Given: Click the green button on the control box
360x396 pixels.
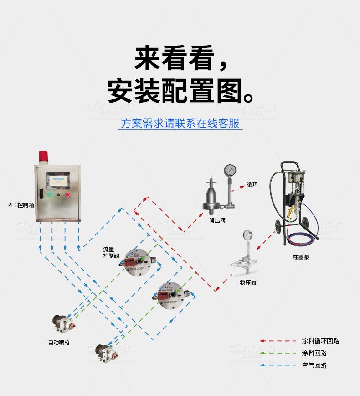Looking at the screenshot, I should [x=49, y=195].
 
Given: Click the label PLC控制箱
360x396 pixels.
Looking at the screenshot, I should [x=21, y=205].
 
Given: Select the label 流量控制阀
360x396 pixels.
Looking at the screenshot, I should [x=111, y=253].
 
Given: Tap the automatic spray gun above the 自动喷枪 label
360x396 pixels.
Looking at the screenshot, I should [x=63, y=324].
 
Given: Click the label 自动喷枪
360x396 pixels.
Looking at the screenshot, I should [x=59, y=342].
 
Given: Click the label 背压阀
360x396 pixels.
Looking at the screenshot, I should [x=217, y=220].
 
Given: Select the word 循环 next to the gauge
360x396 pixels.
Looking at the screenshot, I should [x=252, y=185].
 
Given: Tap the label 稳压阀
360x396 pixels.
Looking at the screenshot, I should [x=248, y=283].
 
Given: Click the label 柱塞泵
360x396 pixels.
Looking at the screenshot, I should [x=301, y=257].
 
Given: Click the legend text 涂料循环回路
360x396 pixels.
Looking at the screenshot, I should [x=320, y=341].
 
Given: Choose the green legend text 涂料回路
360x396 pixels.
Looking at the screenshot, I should [x=314, y=353].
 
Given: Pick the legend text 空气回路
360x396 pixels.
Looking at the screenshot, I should [x=314, y=365].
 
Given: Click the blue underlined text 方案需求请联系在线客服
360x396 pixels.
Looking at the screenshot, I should [x=180, y=124].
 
